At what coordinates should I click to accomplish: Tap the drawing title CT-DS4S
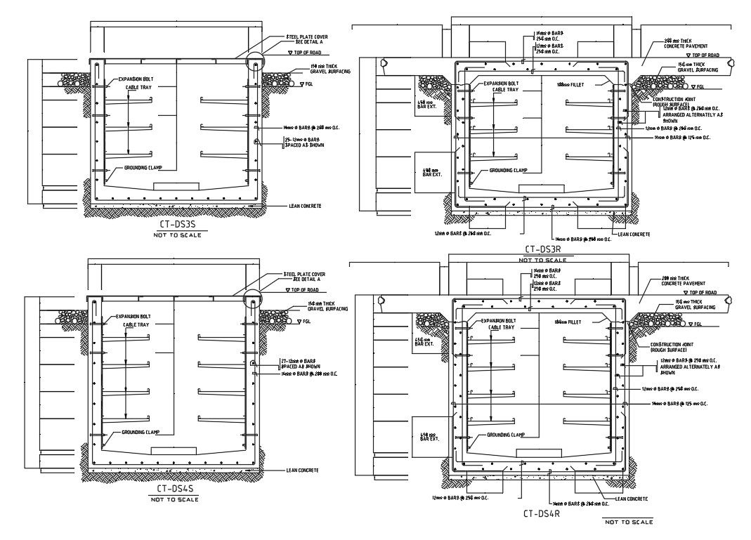176,489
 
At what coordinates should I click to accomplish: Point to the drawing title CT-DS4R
542,513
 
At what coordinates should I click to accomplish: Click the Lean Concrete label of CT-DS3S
305,206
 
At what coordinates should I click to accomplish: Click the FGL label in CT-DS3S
305,84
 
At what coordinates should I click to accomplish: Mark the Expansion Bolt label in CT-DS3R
499,84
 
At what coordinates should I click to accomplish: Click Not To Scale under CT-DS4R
627,522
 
